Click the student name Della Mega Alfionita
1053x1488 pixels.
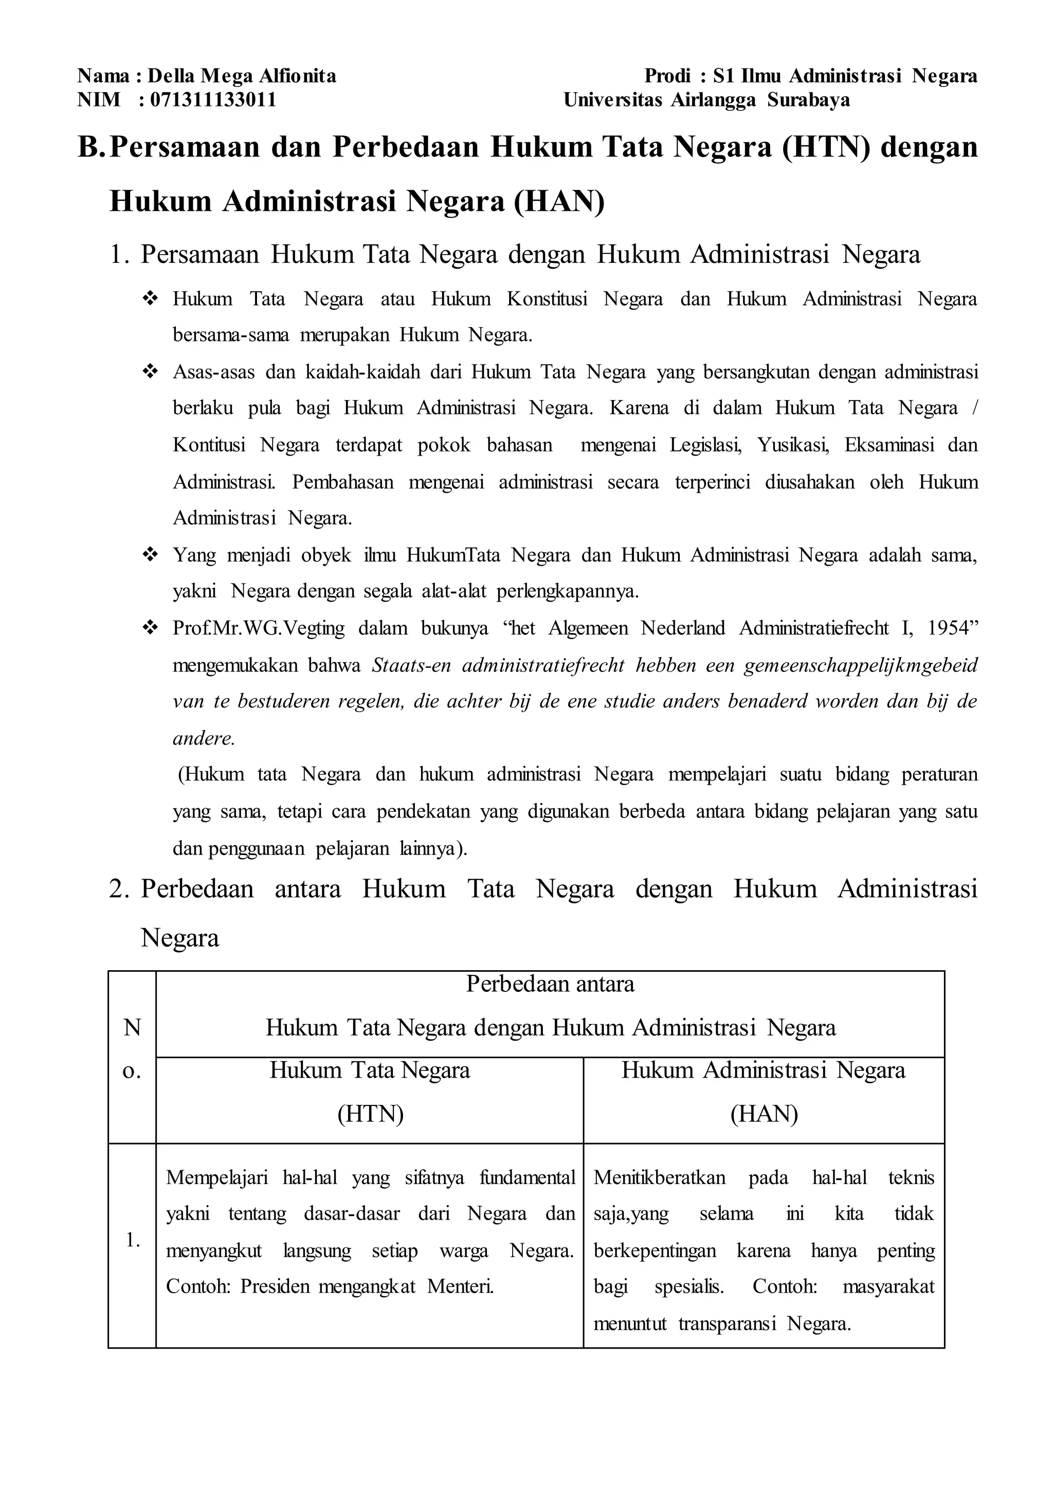coord(242,77)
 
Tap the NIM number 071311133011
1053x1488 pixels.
coord(213,100)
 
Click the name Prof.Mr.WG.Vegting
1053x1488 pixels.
coord(259,628)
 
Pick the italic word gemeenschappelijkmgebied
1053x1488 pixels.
coord(860,665)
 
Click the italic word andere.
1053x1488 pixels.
coord(203,738)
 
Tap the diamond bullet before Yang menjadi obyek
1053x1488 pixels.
coord(151,555)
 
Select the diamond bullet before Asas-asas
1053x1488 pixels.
coord(151,372)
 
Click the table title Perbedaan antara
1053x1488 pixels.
coord(550,984)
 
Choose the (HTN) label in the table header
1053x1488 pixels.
coord(370,1114)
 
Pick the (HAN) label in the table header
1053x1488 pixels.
coord(764,1114)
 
